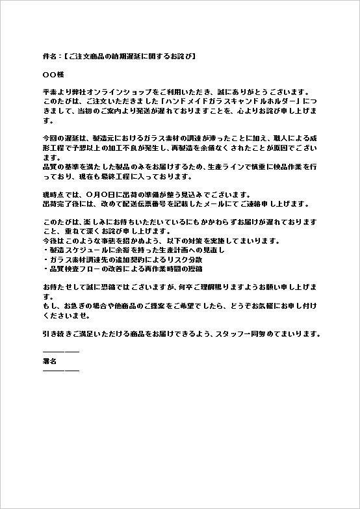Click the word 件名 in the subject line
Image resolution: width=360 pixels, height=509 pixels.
tap(49, 57)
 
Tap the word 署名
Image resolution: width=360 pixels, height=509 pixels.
tap(49, 360)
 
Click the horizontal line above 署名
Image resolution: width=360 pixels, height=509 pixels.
tap(60, 352)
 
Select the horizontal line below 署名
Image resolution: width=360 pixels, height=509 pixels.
tap(60, 370)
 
